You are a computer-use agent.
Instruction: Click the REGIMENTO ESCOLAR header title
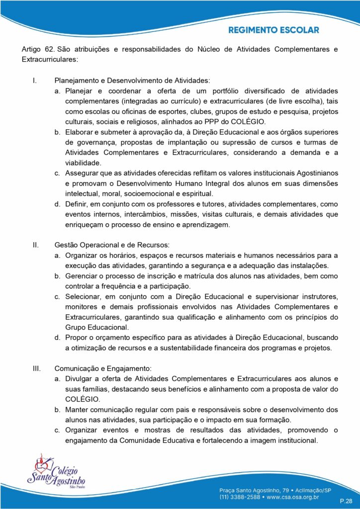coord(273,30)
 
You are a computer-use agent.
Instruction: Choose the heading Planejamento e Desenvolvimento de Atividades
coord(132,81)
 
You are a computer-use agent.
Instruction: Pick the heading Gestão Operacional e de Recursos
coord(112,245)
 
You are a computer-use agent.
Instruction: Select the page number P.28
coord(346,501)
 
